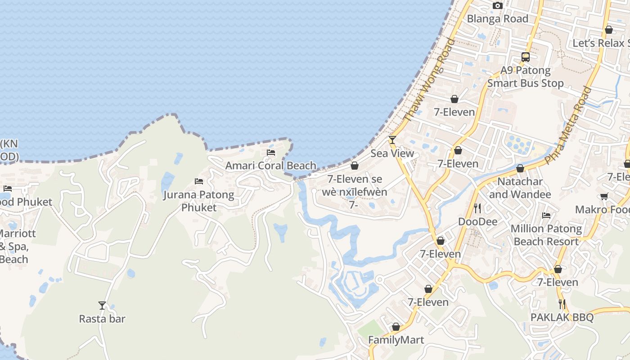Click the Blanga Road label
tap(497, 19)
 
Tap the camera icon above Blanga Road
tap(497, 5)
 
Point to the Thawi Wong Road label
tap(429, 80)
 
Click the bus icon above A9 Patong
tap(525, 57)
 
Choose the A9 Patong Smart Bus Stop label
tap(525, 77)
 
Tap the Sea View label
tap(392, 153)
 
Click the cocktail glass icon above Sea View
tap(392, 140)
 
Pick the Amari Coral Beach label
tap(271, 166)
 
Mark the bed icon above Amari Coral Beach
tap(271, 153)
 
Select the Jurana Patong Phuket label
tap(198, 201)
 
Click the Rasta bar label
tap(102, 319)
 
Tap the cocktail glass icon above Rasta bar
tap(102, 306)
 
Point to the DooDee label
tap(477, 222)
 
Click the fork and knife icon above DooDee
tap(477, 208)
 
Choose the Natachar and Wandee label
tap(520, 188)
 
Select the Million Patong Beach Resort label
tap(546, 235)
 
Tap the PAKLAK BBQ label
tap(562, 317)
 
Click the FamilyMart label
tap(396, 340)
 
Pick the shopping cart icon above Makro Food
tap(604, 197)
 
